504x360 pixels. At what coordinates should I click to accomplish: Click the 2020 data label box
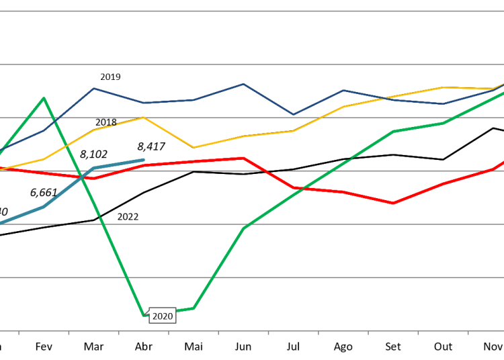click(x=162, y=316)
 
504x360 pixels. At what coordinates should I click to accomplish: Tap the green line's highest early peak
click(x=44, y=98)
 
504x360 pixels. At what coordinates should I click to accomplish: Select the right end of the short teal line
click(x=143, y=160)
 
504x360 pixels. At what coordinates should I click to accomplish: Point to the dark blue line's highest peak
click(x=243, y=84)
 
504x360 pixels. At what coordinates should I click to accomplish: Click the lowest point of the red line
click(x=393, y=203)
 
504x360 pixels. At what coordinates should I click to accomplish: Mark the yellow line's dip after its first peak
click(x=194, y=148)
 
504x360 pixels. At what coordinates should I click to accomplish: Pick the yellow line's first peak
click(x=143, y=118)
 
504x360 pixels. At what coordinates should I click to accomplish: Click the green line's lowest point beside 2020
click(x=144, y=314)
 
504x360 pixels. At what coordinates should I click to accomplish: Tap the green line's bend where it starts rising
click(x=194, y=308)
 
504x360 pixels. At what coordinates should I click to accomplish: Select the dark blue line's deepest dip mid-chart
click(x=293, y=115)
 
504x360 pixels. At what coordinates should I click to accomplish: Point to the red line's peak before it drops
click(x=243, y=158)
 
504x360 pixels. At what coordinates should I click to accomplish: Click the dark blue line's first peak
click(x=94, y=88)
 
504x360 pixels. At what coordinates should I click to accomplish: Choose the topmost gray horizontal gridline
click(x=252, y=11)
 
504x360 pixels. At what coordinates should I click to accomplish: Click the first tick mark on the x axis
click(x=19, y=332)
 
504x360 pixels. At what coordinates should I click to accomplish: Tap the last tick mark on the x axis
click(x=468, y=332)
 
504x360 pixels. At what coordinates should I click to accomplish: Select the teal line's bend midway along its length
click(x=44, y=206)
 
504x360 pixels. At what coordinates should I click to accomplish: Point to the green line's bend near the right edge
click(x=443, y=123)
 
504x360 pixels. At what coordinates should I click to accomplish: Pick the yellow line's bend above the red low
click(x=393, y=97)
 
